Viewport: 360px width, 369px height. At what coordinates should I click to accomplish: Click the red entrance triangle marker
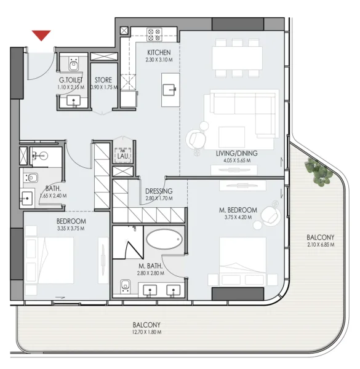point(41,35)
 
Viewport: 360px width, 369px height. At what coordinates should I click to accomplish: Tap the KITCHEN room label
point(158,52)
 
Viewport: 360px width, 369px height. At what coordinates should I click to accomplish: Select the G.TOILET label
point(71,80)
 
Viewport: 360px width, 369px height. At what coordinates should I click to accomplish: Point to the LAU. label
point(122,156)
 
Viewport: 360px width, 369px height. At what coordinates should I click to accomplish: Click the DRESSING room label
point(159,191)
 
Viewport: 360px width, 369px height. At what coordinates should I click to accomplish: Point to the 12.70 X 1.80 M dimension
point(146,332)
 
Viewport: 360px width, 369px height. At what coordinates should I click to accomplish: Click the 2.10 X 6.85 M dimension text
point(320,245)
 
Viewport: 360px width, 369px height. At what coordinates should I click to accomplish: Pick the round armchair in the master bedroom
point(269,215)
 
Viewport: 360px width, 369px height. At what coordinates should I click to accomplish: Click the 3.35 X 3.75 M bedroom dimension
point(71,229)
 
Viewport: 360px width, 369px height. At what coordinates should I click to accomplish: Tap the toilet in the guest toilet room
point(73,63)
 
